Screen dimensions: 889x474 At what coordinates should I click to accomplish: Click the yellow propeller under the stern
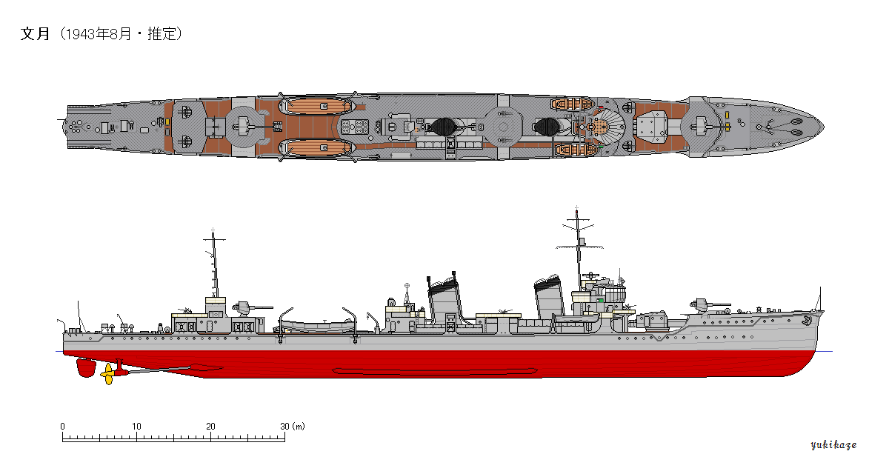point(109,374)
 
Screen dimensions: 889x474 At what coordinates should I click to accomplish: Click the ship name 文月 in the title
point(34,34)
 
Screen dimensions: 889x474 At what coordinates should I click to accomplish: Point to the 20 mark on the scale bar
point(211,427)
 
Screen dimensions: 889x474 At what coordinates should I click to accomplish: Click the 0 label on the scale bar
point(63,427)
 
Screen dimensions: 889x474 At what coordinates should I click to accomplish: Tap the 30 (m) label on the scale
point(293,427)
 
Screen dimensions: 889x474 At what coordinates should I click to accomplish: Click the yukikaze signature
point(833,445)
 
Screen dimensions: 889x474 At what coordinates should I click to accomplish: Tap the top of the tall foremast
point(576,210)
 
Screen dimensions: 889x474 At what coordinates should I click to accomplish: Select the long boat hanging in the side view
point(318,324)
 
